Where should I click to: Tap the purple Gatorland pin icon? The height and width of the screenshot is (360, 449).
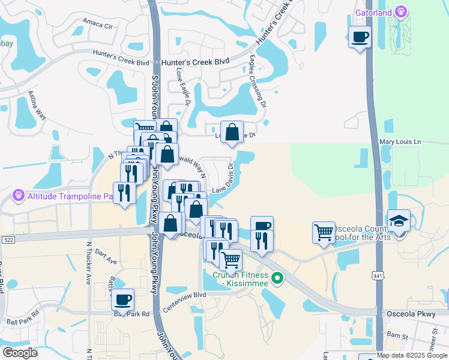[x=400, y=12]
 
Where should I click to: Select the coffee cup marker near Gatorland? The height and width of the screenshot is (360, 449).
[x=360, y=38]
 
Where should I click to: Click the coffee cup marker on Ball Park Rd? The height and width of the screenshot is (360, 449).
[x=123, y=300]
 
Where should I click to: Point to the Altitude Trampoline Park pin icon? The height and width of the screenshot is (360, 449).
[x=18, y=196]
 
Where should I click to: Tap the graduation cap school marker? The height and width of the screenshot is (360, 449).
[x=399, y=221]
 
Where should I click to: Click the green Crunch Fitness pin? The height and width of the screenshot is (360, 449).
[x=277, y=278]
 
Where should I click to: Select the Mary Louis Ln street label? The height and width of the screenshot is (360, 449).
[x=401, y=142]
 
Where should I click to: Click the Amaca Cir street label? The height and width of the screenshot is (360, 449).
[x=98, y=26]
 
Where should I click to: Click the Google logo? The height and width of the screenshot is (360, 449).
[x=20, y=353]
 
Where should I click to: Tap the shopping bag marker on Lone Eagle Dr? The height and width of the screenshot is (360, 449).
[x=232, y=133]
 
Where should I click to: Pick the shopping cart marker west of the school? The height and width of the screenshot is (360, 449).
[x=324, y=231]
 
